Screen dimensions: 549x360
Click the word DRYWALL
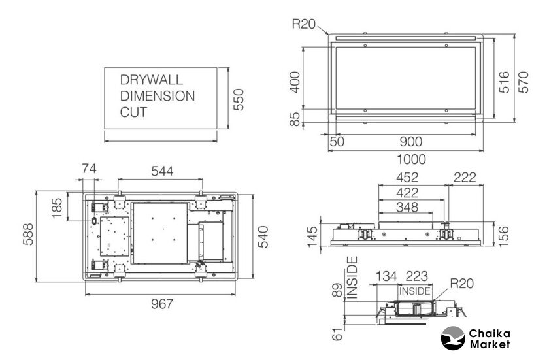[x=151, y=80]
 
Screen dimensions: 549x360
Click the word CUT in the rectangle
[x=133, y=112]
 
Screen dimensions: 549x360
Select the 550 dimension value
[x=239, y=100]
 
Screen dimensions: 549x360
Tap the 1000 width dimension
[x=411, y=159]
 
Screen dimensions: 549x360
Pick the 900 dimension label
[x=411, y=142]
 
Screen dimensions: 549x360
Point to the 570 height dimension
[x=523, y=82]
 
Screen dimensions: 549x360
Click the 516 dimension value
[x=504, y=82]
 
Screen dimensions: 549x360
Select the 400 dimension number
[x=295, y=82]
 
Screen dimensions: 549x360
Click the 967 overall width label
[x=162, y=304]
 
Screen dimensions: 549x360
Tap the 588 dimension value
[x=28, y=235]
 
